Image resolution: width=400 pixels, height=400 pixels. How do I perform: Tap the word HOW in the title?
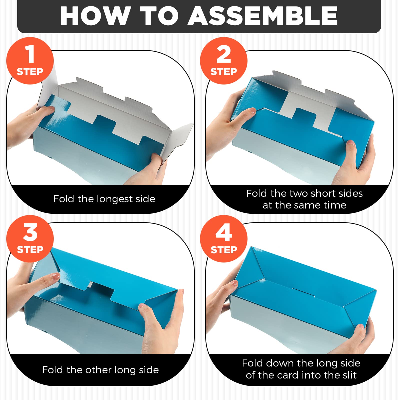(x=95, y=16)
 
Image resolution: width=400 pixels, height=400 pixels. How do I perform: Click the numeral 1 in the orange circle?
(x=30, y=54)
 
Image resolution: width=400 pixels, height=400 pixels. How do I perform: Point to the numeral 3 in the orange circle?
(x=30, y=232)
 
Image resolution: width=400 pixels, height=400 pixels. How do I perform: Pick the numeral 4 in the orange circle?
(x=224, y=232)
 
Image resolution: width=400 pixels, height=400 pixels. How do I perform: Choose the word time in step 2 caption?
(x=335, y=205)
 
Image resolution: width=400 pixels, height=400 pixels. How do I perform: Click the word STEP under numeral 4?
(x=224, y=249)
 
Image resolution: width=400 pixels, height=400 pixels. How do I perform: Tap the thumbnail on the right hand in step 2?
(x=351, y=143)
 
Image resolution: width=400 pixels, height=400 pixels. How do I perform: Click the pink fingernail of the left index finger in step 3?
(x=55, y=275)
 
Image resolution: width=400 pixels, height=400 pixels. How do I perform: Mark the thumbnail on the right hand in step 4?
(x=361, y=326)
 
